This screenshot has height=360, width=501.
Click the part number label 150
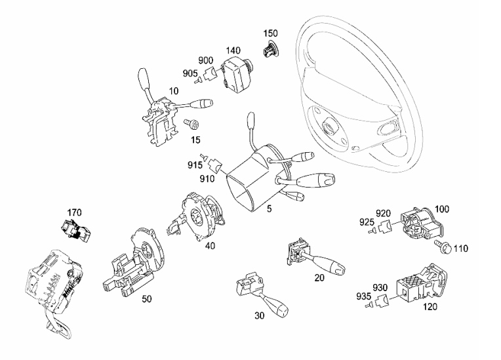coord(271,32)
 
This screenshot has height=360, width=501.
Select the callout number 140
coord(233,50)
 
